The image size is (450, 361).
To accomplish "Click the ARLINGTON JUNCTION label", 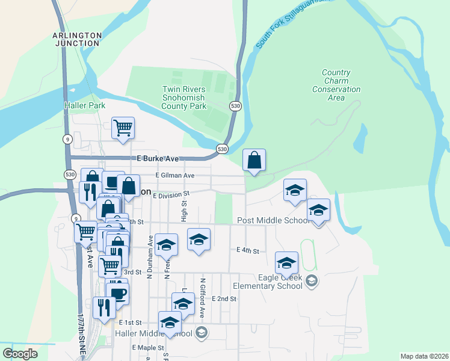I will (76, 39).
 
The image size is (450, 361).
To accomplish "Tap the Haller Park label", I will (85, 105).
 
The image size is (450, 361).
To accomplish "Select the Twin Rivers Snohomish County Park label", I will (184, 97).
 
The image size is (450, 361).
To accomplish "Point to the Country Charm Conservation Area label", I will (336, 85).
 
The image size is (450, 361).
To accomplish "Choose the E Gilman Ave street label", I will (175, 175).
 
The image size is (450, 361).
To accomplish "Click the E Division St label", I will (171, 194).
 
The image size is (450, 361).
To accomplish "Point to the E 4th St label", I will (247, 250).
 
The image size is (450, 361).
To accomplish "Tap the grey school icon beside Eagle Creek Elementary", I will (312, 280).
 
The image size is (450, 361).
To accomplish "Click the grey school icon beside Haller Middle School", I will (202, 333).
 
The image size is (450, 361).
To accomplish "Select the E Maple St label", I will (147, 348).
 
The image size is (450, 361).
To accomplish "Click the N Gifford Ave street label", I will (203, 297).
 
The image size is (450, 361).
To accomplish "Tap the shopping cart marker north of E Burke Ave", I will (123, 128).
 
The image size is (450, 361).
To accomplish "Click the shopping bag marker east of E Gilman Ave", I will (254, 160).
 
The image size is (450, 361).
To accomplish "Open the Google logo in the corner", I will (20, 354).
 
